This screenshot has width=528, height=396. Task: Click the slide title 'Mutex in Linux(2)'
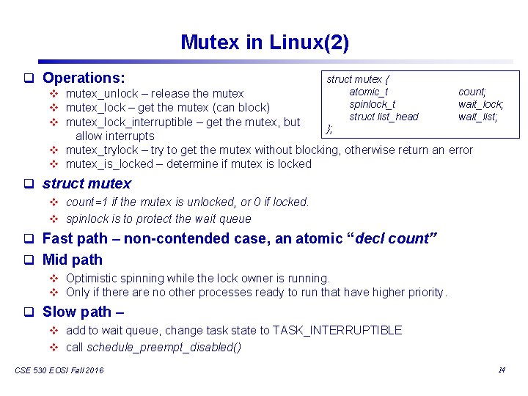[264, 43]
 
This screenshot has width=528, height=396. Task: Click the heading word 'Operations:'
[84, 77]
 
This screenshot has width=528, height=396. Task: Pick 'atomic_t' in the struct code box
[369, 92]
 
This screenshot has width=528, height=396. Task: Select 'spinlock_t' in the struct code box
[372, 104]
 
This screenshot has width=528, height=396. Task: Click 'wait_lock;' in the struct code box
[480, 104]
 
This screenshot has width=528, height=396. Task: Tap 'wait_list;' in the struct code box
[478, 117]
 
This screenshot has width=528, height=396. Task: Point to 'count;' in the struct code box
[472, 92]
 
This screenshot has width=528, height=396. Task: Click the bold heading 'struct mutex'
[87, 183]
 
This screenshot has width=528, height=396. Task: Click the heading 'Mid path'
[73, 260]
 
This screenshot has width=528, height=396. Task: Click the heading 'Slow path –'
[83, 312]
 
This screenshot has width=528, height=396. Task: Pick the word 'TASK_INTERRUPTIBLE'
[337, 331]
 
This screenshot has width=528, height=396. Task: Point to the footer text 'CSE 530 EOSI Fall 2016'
[59, 370]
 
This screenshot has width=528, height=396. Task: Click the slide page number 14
[502, 370]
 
